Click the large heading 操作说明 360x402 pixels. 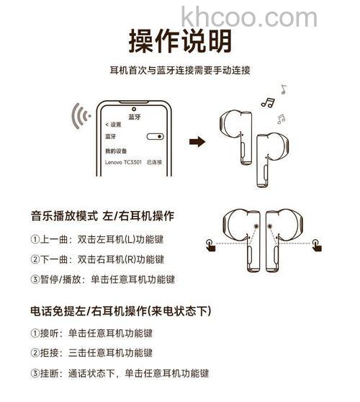coord(180,41)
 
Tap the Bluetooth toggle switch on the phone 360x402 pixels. coord(154,136)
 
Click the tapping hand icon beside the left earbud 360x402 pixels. coord(208,245)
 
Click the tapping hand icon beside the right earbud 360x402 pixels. coord(316,245)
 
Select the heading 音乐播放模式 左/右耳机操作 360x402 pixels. coord(102,215)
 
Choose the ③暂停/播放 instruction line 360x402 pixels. coord(102,280)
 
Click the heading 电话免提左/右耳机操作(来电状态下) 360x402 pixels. coord(120,311)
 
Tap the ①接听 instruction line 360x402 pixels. coord(91,334)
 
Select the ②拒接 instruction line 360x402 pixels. coord(91,353)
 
